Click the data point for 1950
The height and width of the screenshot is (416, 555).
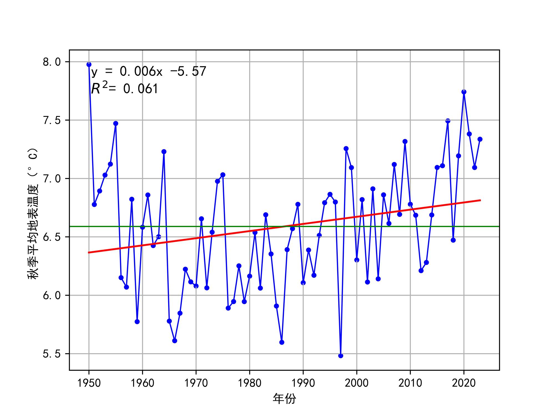point(89,64)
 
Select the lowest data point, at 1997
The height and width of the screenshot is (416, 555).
point(341,356)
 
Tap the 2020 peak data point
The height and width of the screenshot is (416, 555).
point(464,92)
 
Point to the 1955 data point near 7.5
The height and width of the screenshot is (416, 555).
point(116,123)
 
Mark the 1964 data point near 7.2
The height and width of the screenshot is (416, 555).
point(164,152)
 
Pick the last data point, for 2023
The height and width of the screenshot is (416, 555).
point(480,139)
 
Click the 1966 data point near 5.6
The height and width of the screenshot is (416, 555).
point(175,341)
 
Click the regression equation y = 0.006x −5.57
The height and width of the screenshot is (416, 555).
point(149,72)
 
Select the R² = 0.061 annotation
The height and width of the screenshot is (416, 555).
point(125,89)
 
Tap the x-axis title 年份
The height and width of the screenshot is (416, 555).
point(284,399)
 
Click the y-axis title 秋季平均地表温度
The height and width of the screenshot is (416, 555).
point(32,214)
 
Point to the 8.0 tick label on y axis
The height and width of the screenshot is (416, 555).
point(52,62)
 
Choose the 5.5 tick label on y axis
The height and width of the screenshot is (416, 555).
point(52,354)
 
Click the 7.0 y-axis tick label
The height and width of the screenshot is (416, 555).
point(52,179)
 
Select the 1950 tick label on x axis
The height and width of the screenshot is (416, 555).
point(89,383)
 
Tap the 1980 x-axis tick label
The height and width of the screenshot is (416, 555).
point(249,383)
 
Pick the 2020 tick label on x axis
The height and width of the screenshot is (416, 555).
point(464,383)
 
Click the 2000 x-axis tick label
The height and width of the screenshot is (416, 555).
point(357,383)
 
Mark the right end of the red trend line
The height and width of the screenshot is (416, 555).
point(480,200)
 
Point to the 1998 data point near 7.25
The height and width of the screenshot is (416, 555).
point(346,149)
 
